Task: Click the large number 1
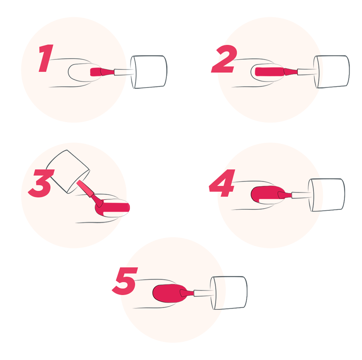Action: pos(46,58)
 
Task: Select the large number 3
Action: pos(41,183)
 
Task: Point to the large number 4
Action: pos(222,183)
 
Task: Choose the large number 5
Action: pos(125,281)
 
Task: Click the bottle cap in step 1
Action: pos(149,72)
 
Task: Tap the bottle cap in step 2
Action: pos(331,72)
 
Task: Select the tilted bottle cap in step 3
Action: pos(68,171)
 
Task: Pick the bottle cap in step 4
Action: pos(326,195)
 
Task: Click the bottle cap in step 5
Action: pos(228,293)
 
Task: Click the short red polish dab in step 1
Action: pos(96,72)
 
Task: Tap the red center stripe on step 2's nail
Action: pos(269,71)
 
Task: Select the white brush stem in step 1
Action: pos(124,72)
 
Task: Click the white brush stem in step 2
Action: pos(307,72)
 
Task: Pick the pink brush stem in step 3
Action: pos(85,189)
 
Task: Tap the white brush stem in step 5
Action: pos(204,293)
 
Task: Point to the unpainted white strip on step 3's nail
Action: pos(115,214)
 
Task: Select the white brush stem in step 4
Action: pos(301,195)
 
